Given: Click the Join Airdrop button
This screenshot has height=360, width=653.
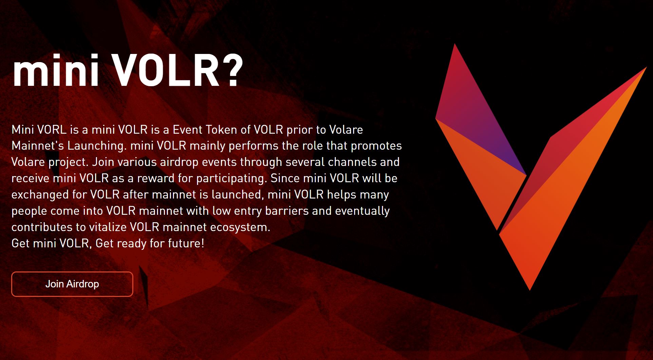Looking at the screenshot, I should point(72,284).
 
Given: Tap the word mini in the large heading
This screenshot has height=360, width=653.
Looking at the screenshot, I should point(56,72).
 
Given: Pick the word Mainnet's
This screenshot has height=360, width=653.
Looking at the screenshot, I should point(38,146).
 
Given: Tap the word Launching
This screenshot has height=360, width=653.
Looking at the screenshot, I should point(97,146).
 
